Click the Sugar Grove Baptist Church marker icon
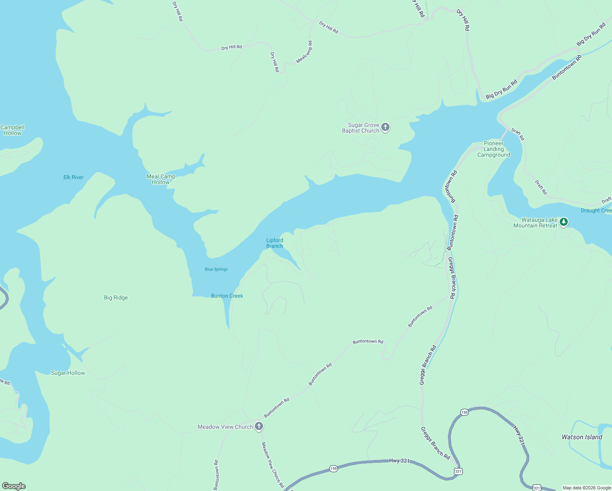385,127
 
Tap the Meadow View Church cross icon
259,426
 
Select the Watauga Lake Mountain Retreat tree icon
564,222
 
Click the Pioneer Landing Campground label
494,149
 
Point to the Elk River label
74,177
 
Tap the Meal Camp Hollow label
161,179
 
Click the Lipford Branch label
274,243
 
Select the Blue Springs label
216,269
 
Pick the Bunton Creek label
227,296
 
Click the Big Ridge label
116,297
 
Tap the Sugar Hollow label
68,373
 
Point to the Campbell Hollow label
13,130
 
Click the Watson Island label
582,437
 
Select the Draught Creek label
596,210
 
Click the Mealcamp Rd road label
304,52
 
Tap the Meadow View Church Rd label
273,464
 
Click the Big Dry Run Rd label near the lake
502,89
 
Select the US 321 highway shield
458,471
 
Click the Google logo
14,486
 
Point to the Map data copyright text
587,488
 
